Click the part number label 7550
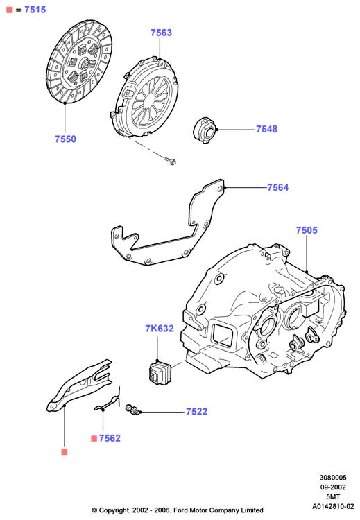pos(65,139)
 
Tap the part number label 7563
pos(161,33)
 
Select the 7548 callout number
pos(267,129)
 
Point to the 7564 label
pos(278,187)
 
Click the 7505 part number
pos(307,230)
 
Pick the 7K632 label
pos(160,329)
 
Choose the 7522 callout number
pos(197,412)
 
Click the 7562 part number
pos(110,438)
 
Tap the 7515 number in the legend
pos(35,10)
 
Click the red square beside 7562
pos(94,439)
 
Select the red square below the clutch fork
pos(65,452)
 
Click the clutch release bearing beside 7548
pos(205,130)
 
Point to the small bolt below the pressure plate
pos(170,161)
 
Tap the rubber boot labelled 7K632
pos(158,373)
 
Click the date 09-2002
pos(333,487)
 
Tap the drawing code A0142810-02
pos(333,506)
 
